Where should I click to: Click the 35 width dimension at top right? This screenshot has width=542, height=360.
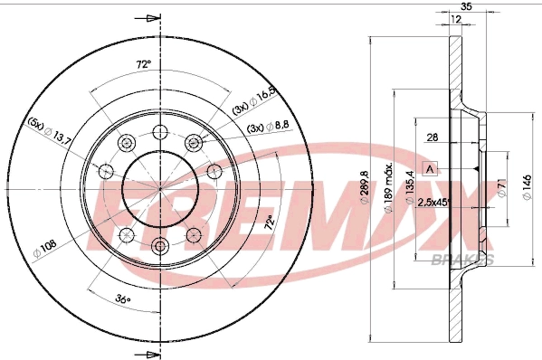pos(467,7)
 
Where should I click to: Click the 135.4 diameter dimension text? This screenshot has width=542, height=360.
pos(411,187)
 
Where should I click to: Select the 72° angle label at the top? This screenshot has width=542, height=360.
pos(141,66)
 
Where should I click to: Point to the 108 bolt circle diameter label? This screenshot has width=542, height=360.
pos(44,242)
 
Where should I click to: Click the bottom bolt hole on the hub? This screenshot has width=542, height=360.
pos(161,245)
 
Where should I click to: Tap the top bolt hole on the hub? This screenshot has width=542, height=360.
pos(161,129)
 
